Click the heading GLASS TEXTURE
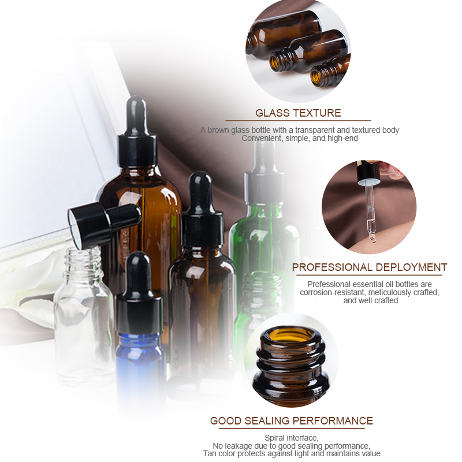(298, 113)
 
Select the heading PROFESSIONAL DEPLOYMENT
(369, 267)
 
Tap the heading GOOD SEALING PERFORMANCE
(291, 420)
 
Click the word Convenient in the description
(261, 138)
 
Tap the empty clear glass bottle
(84, 323)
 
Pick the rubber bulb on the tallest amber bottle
(137, 110)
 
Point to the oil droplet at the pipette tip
(372, 239)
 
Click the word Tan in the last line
(209, 453)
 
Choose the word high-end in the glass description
(341, 138)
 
